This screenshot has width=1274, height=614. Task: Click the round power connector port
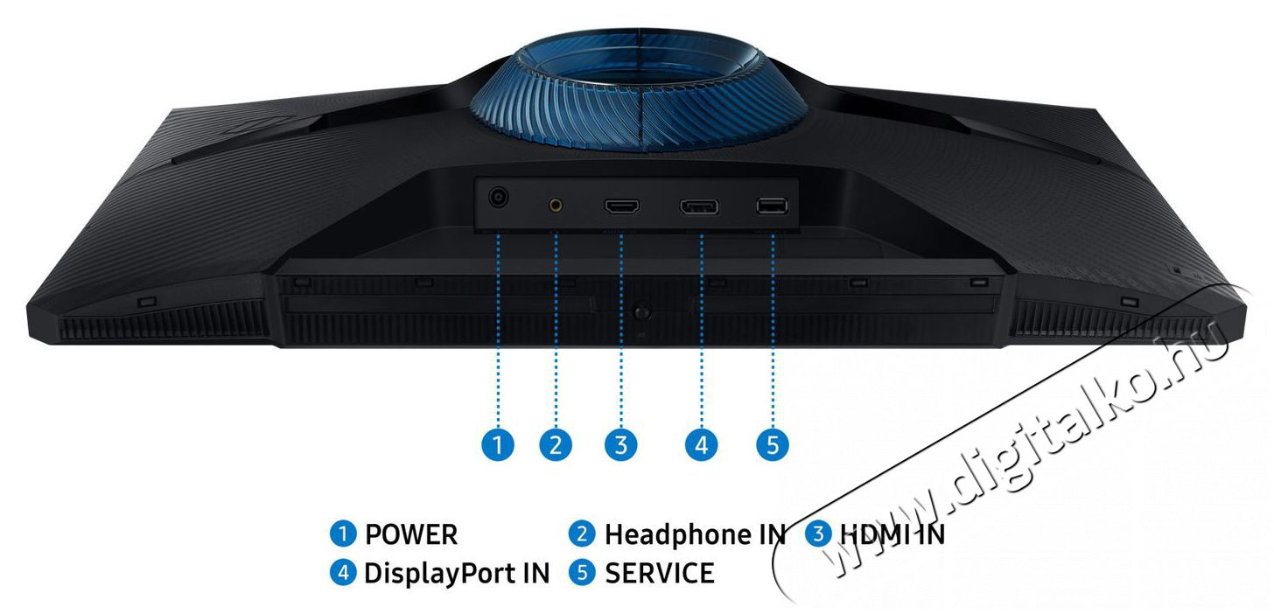[500, 199]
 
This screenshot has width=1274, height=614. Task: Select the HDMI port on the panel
[621, 206]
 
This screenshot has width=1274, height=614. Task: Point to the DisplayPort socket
[700, 207]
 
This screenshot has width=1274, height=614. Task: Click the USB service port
[772, 206]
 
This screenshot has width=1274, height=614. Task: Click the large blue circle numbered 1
[499, 445]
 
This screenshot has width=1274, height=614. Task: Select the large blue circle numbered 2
[556, 445]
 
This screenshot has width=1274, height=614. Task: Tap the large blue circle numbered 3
[620, 445]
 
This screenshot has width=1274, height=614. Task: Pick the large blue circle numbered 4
[700, 445]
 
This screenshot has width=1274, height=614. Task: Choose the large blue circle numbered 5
[772, 445]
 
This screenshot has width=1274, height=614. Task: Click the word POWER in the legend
[411, 534]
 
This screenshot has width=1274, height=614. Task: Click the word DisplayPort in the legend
[442, 574]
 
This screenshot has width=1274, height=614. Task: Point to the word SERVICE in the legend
[660, 574]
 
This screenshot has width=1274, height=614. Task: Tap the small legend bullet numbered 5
[583, 574]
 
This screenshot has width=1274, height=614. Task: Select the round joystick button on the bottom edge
[643, 310]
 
